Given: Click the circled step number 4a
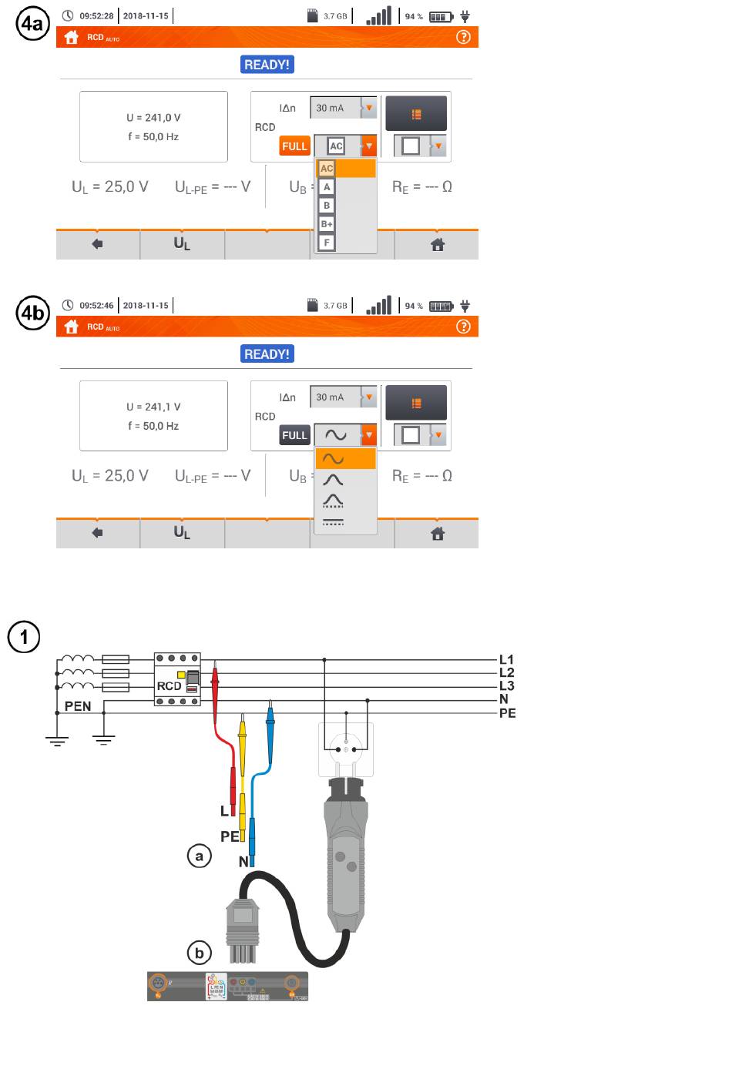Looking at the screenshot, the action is tap(32, 25).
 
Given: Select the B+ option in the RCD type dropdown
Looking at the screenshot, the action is tap(327, 224).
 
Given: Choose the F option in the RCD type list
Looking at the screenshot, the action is tap(327, 243).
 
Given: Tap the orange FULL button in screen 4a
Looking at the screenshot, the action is tap(294, 146).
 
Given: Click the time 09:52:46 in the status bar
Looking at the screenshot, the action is tap(96, 306).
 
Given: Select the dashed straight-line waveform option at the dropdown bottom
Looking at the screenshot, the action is tap(334, 522).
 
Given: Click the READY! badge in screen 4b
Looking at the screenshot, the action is tap(267, 354).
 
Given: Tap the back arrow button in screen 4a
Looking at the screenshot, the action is tap(97, 244).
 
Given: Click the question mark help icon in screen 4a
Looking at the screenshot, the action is tap(463, 37).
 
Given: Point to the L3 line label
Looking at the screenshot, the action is tap(506, 686).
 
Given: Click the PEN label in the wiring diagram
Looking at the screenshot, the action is tap(78, 706).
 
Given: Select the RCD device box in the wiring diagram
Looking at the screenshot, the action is tap(177, 679).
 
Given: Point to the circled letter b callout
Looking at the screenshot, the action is tap(200, 953).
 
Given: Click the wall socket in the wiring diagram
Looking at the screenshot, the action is tap(346, 748).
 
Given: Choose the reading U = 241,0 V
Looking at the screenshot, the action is tap(153, 118).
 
